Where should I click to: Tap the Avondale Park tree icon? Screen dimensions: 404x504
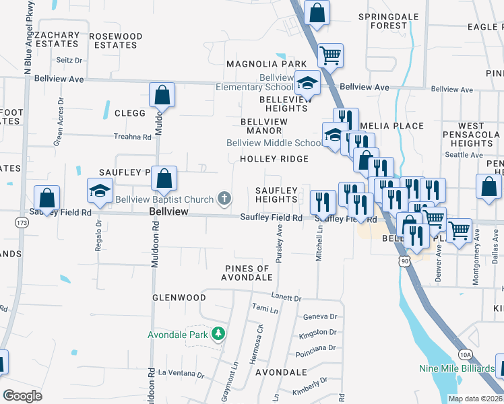click(x=218, y=334)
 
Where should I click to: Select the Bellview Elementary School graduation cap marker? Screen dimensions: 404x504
click(x=307, y=83)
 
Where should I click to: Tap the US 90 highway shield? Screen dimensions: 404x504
click(x=404, y=260)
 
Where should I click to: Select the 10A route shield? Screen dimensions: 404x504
click(x=464, y=354)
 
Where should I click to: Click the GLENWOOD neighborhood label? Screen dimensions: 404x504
click(x=179, y=298)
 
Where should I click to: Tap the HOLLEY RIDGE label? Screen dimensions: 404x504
click(x=274, y=159)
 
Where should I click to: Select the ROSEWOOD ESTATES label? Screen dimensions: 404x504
click(x=116, y=40)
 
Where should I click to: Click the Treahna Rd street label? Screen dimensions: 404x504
click(x=133, y=137)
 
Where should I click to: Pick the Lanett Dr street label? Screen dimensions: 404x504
click(x=286, y=297)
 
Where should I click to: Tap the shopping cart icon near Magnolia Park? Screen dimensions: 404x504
click(x=329, y=55)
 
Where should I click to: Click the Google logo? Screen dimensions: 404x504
click(x=22, y=396)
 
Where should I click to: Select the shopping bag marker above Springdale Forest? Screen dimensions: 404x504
click(x=317, y=12)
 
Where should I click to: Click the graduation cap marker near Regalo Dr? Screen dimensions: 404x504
click(x=100, y=191)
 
